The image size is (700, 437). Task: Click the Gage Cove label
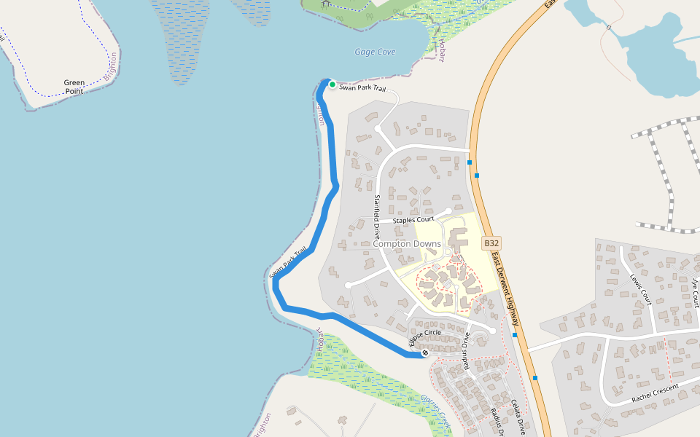375,52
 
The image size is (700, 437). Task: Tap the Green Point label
74,87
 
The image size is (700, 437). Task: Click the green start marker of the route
332,85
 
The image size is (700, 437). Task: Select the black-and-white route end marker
425,353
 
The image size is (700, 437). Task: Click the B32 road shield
491,243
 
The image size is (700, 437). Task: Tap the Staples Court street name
413,219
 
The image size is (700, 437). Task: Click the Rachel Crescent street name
655,393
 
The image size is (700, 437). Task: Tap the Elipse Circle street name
425,336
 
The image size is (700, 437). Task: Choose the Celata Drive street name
518,417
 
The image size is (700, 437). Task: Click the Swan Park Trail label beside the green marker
362,88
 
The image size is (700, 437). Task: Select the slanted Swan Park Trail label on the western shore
287,261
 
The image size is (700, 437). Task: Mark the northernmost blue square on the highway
470,162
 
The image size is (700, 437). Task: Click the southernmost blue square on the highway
535,378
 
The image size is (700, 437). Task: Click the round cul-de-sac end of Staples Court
448,212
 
